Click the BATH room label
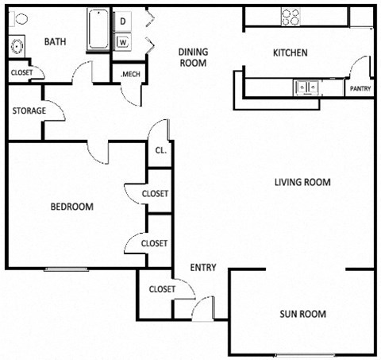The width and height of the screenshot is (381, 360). (55, 42)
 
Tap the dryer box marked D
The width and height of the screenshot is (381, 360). (124, 21)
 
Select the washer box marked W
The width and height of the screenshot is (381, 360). (124, 41)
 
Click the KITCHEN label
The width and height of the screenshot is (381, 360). (290, 53)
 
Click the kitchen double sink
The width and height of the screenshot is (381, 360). (306, 87)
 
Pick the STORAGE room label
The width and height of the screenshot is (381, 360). (28, 111)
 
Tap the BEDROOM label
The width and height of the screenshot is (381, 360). (72, 207)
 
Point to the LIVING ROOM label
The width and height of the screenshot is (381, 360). (302, 182)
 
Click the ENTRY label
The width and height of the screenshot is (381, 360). (203, 267)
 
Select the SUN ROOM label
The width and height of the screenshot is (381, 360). (302, 314)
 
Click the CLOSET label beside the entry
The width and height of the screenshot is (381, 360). (161, 288)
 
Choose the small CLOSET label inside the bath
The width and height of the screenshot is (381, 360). (22, 73)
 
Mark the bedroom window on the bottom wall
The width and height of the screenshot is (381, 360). (67, 269)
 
